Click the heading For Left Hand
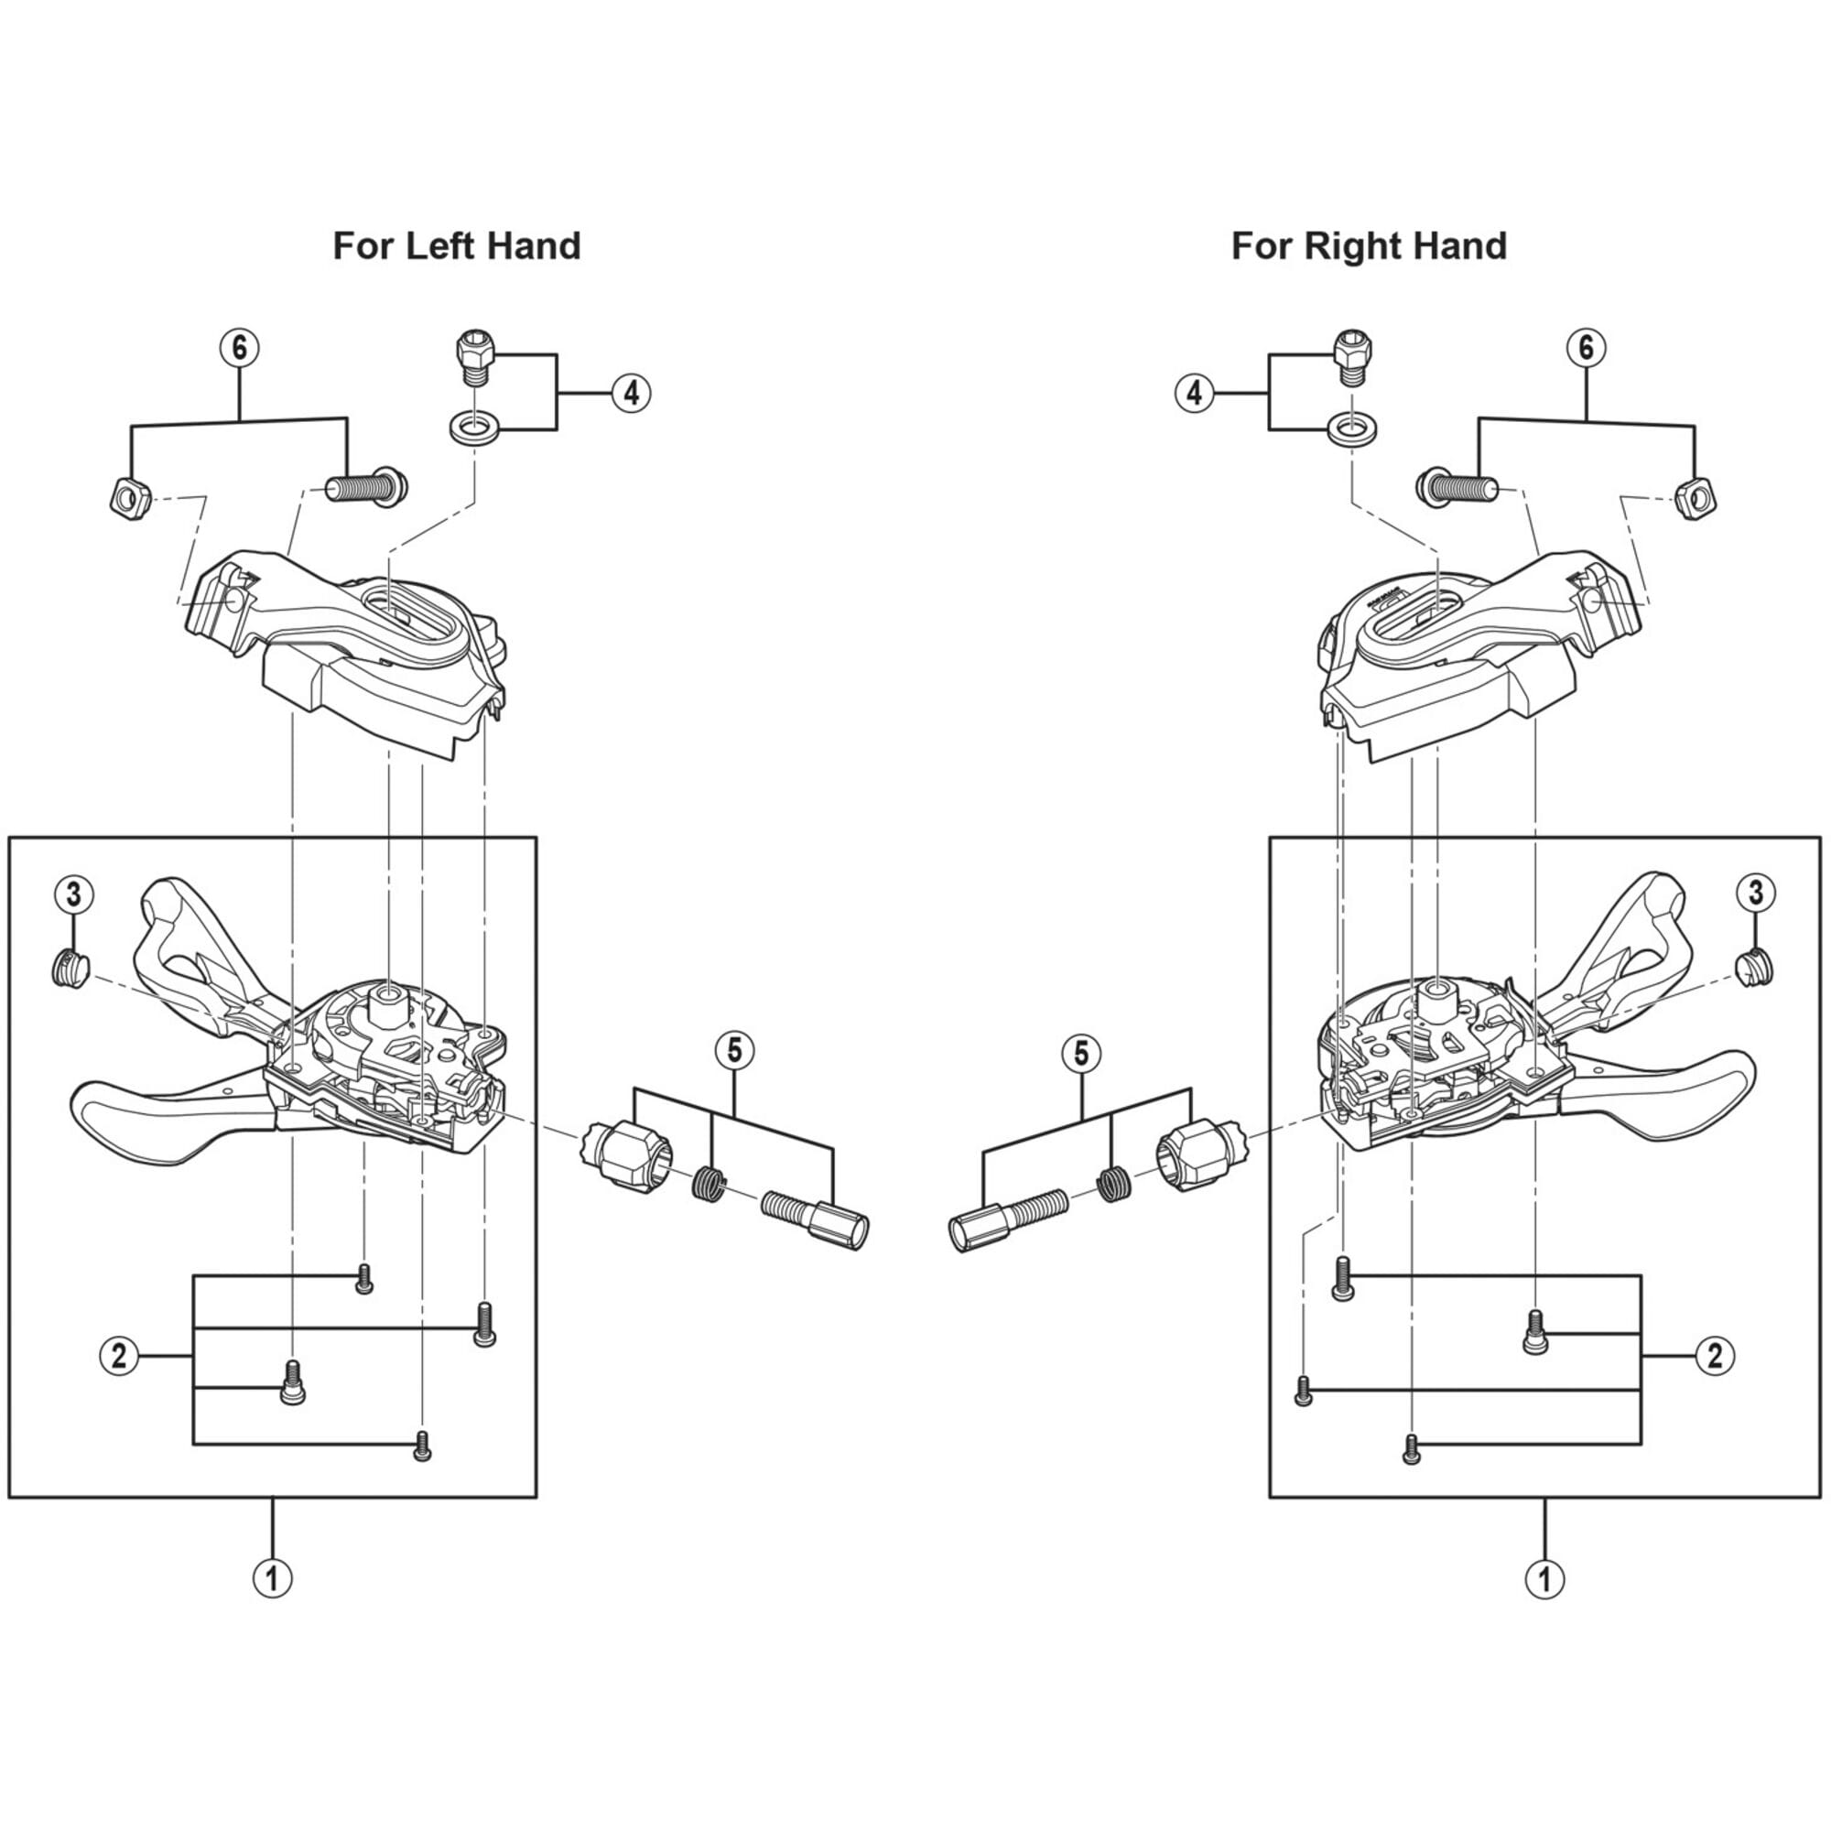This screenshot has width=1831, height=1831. [x=456, y=246]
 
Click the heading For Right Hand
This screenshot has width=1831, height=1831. [x=1368, y=246]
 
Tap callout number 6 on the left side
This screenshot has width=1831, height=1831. [x=239, y=348]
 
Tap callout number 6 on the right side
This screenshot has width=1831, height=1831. [x=1585, y=348]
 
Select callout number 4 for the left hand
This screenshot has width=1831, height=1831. [x=631, y=393]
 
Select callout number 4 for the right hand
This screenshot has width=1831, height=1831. [x=1194, y=393]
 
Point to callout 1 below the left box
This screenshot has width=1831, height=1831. [x=273, y=1579]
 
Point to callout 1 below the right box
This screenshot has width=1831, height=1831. [x=1544, y=1579]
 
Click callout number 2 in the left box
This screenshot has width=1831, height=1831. [x=118, y=1356]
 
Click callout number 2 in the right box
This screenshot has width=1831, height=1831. [x=1714, y=1356]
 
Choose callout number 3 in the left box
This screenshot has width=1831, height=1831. [x=74, y=892]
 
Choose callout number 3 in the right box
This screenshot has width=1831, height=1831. [x=1755, y=892]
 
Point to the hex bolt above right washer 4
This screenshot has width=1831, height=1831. [x=1349, y=356]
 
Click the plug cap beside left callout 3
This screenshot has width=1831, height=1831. [x=67, y=970]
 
